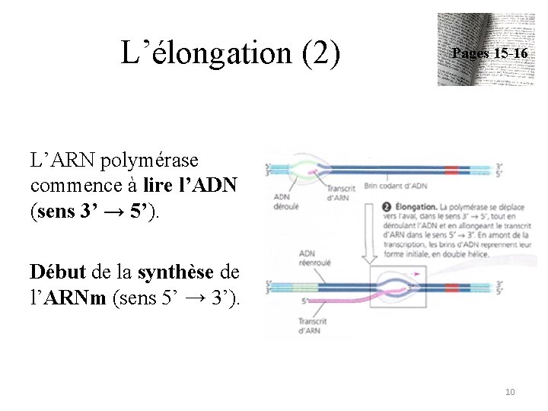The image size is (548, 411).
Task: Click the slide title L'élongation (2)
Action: (x=231, y=53)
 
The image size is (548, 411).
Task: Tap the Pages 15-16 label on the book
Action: (x=489, y=53)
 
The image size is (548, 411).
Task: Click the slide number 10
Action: (x=510, y=392)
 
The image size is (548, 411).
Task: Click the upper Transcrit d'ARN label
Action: (x=341, y=193)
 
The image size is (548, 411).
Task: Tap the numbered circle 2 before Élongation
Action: (x=387, y=205)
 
